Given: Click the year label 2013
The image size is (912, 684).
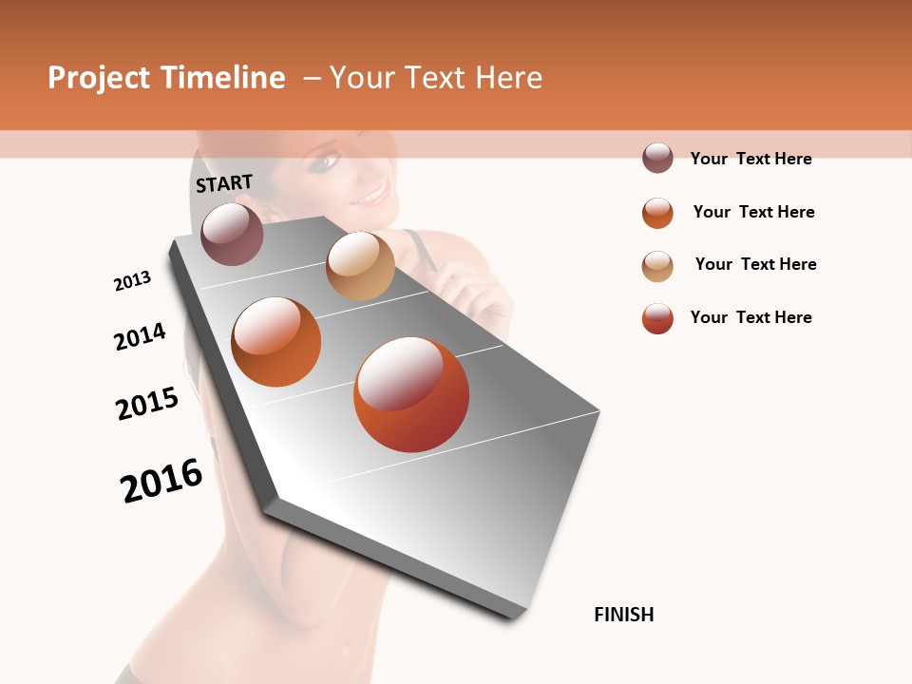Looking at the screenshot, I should click(x=132, y=280).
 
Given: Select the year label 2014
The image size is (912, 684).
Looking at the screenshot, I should click(x=140, y=336).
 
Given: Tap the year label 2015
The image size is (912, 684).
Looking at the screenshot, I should click(x=147, y=403).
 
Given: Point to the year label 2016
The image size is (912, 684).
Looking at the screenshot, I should click(x=161, y=480).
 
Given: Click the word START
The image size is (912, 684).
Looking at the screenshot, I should click(x=224, y=183).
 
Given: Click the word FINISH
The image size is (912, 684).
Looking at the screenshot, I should click(x=623, y=615).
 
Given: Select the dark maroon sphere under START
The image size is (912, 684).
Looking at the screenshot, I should click(x=233, y=234).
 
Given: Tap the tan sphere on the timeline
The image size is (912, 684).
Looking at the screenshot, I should click(x=360, y=266).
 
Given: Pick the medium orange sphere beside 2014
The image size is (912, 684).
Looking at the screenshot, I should click(x=276, y=342).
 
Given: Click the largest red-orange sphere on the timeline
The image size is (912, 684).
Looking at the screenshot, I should click(x=411, y=394).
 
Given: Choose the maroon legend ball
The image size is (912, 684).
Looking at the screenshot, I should click(x=657, y=158).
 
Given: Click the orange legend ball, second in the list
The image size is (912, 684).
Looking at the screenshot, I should click(x=657, y=213).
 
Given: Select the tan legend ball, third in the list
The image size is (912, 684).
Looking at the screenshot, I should click(x=657, y=266).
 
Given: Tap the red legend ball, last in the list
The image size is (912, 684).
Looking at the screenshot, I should click(x=657, y=318).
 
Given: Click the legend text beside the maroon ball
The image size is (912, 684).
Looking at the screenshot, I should click(x=750, y=159).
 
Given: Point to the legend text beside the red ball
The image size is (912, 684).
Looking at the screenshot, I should click(x=750, y=317).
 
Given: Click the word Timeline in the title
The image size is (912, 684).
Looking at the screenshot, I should click(x=222, y=78).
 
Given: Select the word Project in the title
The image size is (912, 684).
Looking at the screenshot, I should click(x=100, y=78).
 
